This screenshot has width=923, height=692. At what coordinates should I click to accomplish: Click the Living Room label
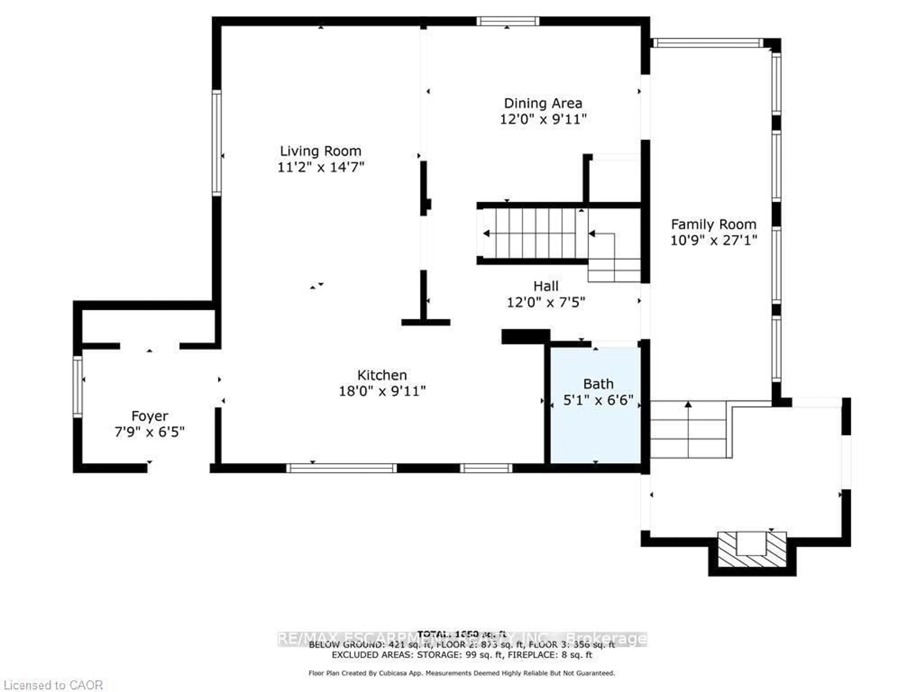coord(320,151)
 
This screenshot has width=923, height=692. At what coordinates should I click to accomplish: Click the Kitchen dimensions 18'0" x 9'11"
coord(382,391)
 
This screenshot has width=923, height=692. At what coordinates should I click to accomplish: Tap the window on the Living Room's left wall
coord(217,143)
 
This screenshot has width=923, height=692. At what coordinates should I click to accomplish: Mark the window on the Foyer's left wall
coord(78,386)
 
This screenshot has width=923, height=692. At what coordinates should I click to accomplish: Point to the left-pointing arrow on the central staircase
coord(486,233)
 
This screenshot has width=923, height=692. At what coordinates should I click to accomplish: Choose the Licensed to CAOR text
coord(53,685)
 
